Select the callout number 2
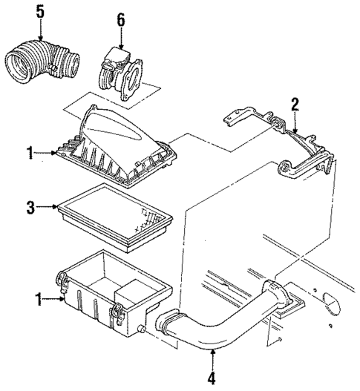click(295, 105)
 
